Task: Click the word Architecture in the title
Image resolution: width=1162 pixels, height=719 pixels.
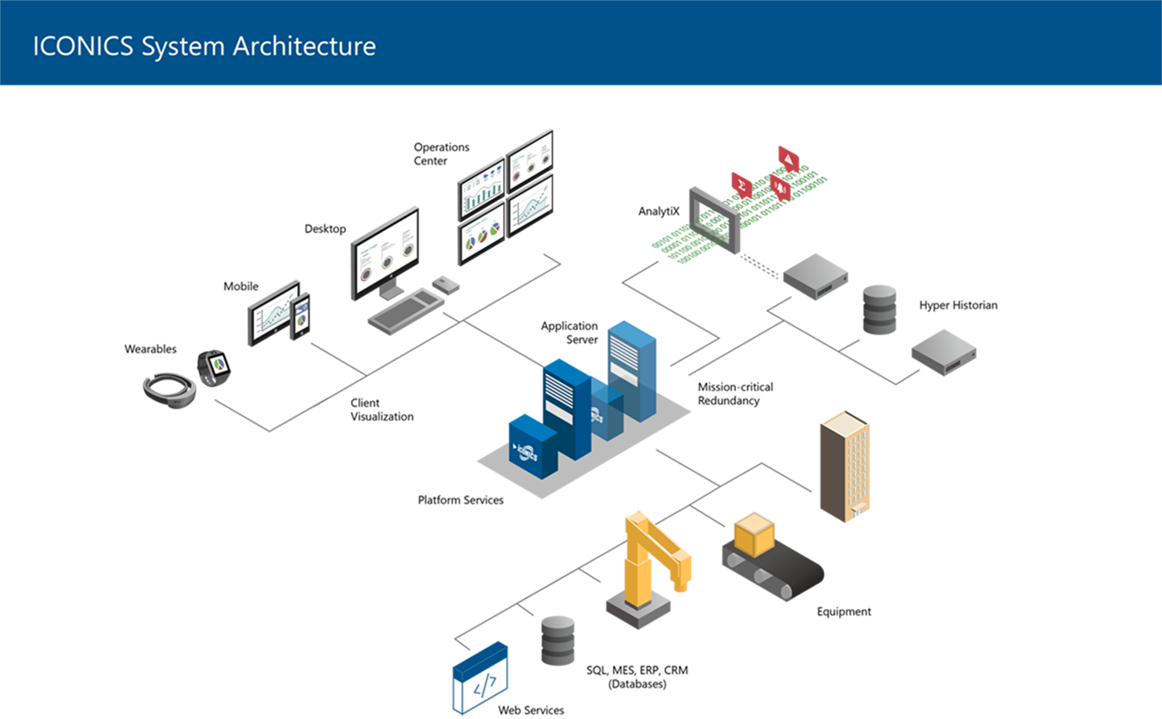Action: pyautogui.click(x=304, y=46)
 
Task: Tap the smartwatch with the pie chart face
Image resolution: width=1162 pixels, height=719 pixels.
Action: pyautogui.click(x=218, y=364)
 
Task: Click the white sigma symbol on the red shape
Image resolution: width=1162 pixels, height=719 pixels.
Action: pyautogui.click(x=741, y=186)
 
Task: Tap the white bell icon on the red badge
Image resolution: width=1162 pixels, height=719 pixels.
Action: pyautogui.click(x=779, y=187)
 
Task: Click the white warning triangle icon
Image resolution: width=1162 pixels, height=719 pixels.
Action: pyautogui.click(x=789, y=160)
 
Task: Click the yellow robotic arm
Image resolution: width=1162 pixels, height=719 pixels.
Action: pyautogui.click(x=651, y=554)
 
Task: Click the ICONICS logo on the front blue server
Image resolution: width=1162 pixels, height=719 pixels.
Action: pyautogui.click(x=526, y=450)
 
